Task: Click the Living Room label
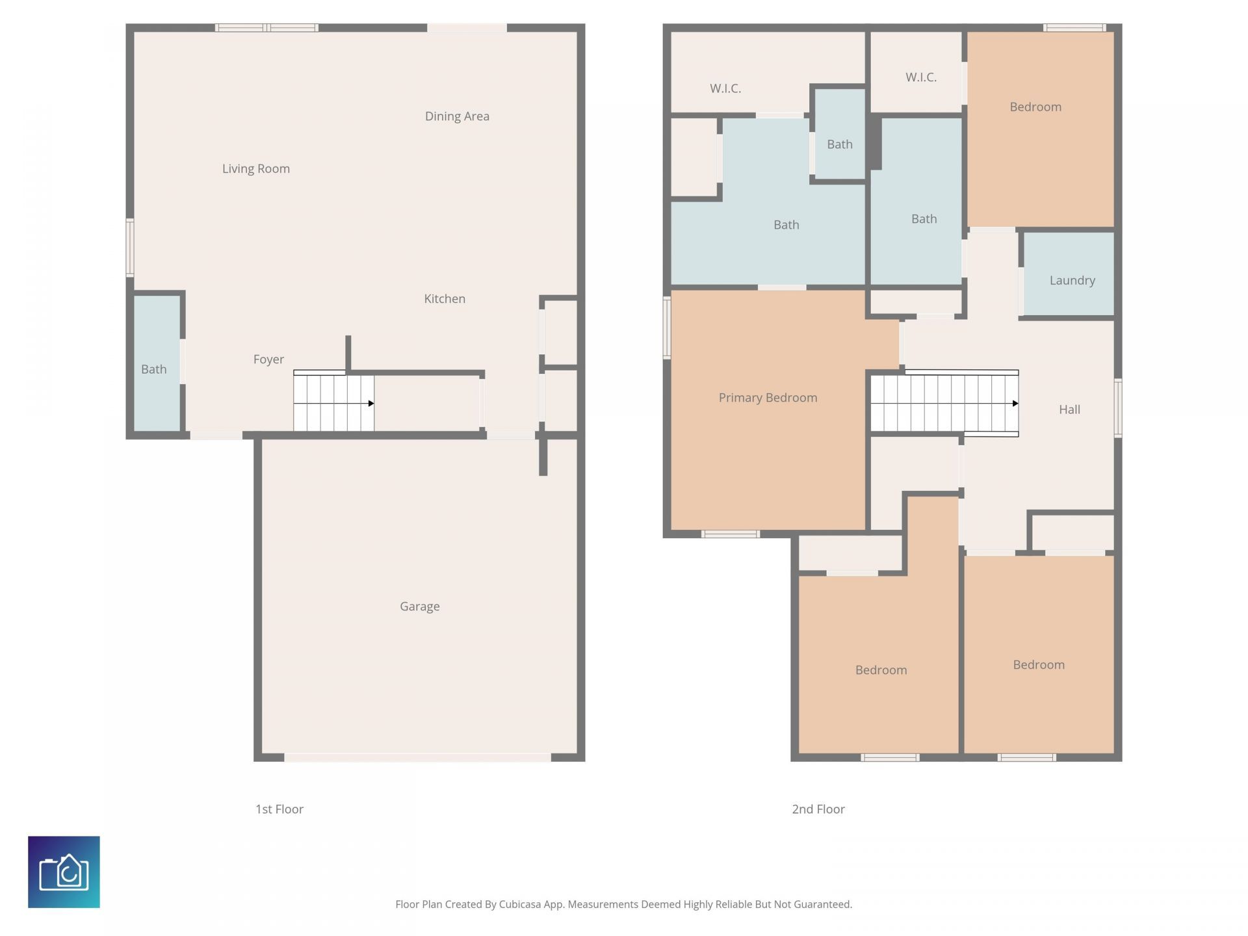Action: point(255,168)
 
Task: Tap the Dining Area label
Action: point(457,116)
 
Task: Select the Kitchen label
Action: point(445,298)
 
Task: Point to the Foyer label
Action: point(268,359)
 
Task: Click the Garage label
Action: point(419,606)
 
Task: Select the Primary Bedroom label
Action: point(768,397)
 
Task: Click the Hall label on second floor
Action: point(1069,409)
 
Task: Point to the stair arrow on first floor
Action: point(370,404)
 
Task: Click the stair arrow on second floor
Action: point(1015,404)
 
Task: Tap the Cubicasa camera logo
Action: point(64,872)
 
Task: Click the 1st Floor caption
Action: point(279,809)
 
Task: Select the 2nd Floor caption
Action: point(818,809)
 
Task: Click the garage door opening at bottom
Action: point(417,757)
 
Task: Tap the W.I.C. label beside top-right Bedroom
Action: point(920,77)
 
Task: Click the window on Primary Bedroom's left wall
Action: point(666,328)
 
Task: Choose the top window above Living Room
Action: point(266,28)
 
